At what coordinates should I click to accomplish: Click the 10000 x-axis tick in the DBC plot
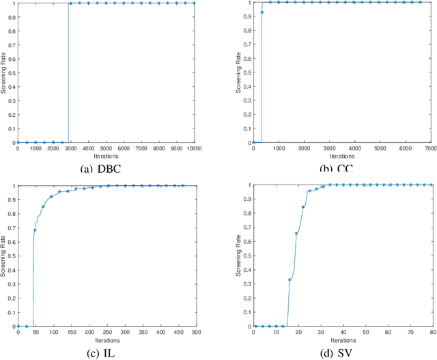pos(195,148)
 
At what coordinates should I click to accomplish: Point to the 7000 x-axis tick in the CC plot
pos(432,148)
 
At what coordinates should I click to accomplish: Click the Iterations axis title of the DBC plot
pos(106,156)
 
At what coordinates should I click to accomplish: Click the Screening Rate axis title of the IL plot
pos(4,255)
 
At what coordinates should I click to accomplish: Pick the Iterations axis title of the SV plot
pos(343,340)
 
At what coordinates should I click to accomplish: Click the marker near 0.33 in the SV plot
pos(290,280)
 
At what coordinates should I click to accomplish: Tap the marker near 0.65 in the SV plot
pos(296,234)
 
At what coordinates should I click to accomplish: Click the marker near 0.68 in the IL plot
pos(35,230)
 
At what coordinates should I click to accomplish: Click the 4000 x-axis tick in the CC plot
pos(356,148)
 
